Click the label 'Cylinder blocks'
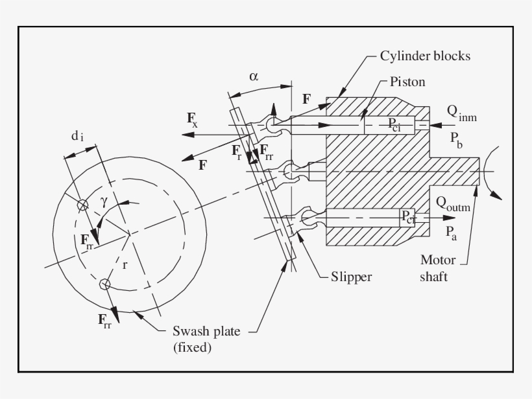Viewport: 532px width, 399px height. point(426,56)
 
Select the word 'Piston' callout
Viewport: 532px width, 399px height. point(407,82)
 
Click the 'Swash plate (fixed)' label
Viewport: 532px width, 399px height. point(206,339)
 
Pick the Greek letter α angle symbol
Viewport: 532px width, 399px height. point(254,76)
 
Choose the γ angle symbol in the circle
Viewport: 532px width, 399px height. point(104,200)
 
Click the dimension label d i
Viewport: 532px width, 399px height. point(77,136)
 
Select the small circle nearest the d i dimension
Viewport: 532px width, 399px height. point(82,205)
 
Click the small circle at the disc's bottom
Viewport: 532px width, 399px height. point(104,284)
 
